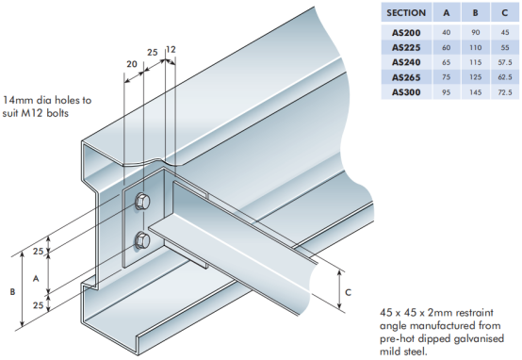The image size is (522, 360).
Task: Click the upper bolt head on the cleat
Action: pyautogui.click(x=142, y=202)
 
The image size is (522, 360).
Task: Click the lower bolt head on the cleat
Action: pyautogui.click(x=142, y=240)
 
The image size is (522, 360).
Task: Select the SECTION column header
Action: pyautogui.click(x=406, y=13)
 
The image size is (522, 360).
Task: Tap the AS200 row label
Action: pyautogui.click(x=406, y=33)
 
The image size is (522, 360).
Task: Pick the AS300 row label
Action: pyautogui.click(x=406, y=92)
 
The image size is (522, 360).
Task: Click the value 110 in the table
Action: pyautogui.click(x=476, y=48)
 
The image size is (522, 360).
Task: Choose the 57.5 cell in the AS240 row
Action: pyautogui.click(x=505, y=62)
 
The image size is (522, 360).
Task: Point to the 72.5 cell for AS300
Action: pyautogui.click(x=505, y=92)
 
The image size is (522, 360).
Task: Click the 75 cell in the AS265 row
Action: pyautogui.click(x=446, y=77)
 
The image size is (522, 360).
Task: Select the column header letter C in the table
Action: pyautogui.click(x=505, y=13)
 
